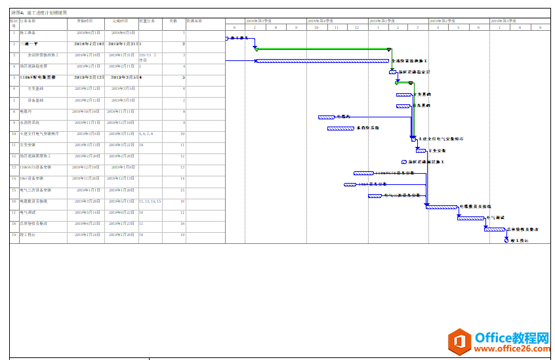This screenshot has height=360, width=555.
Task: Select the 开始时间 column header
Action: tap(85, 21)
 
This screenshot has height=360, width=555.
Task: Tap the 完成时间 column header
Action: tap(120, 21)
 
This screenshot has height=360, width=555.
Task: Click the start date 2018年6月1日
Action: tap(88, 32)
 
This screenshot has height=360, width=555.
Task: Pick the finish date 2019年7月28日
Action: tap(122, 234)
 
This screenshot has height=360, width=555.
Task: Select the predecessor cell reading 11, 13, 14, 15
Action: tap(150, 201)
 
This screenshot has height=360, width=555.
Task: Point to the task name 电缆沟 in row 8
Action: tap(26, 111)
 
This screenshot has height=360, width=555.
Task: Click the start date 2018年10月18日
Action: tap(86, 111)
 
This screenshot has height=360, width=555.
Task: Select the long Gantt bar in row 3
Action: tap(322, 61)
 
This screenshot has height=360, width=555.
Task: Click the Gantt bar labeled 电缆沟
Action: tap(326, 117)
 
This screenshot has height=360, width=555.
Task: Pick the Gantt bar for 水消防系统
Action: tap(340, 129)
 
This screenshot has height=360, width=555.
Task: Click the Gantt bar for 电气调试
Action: tap(470, 218)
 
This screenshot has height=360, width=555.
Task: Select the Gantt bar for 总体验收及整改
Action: tap(494, 230)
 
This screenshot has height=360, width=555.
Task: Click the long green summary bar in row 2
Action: tap(322, 49)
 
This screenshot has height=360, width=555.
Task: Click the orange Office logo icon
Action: tap(459, 342)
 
